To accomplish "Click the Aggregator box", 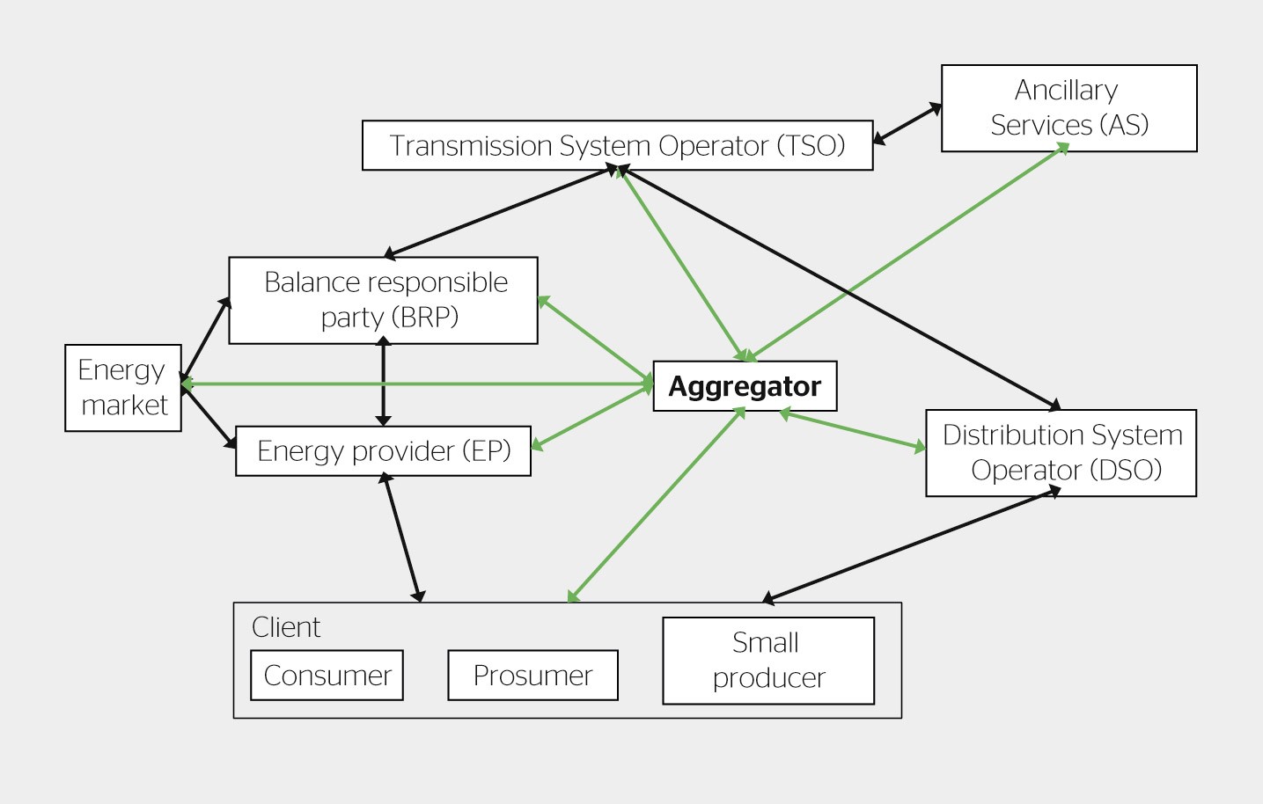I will [x=745, y=386].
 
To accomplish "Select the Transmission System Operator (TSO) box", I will [x=617, y=145].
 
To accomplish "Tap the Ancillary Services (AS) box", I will [x=1068, y=108].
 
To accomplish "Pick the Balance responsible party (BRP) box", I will [x=383, y=300].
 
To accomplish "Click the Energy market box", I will [x=123, y=388].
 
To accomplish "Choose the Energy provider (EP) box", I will [x=383, y=451].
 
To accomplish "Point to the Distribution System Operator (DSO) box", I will [x=1061, y=453].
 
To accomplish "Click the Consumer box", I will [x=327, y=676].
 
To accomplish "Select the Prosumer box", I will [x=532, y=676].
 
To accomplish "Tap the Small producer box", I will [x=767, y=661].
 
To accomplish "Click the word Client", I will [x=286, y=627].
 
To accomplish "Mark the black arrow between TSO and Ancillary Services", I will [x=907, y=124].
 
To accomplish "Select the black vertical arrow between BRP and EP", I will [x=383, y=384].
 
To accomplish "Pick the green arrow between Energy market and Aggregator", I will [x=418, y=384].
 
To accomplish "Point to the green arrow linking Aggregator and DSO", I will [x=853, y=430].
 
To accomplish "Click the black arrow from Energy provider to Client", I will [x=403, y=537].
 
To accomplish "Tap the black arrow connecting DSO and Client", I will [x=911, y=546].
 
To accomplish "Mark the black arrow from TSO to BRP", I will [x=501, y=212].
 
